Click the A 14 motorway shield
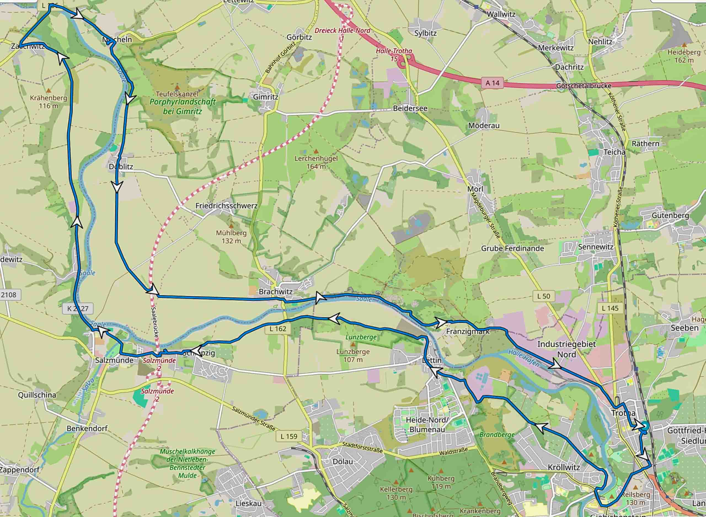click(x=492, y=83)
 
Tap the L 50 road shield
click(x=544, y=296)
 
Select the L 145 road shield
click(x=610, y=308)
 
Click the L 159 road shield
click(x=289, y=436)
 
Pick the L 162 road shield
click(x=278, y=329)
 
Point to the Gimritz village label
click(x=266, y=97)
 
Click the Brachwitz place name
click(x=276, y=292)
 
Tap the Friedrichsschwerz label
click(x=226, y=206)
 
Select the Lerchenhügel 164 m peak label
click(x=316, y=162)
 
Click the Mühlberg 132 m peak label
click(x=231, y=237)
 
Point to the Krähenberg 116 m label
click(x=49, y=102)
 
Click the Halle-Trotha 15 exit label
click(x=394, y=54)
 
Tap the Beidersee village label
click(x=410, y=108)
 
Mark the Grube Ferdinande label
click(x=512, y=249)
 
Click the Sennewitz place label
click(x=596, y=247)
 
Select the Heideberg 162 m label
click(x=684, y=56)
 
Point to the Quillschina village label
click(x=37, y=395)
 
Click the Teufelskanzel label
click(x=177, y=94)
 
